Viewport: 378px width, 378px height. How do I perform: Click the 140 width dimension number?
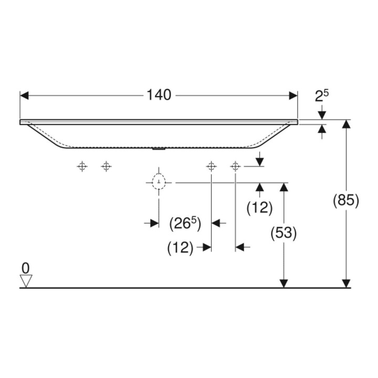click(x=159, y=95)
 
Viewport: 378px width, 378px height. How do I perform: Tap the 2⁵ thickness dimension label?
click(x=322, y=96)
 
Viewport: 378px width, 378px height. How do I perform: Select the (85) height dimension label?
click(x=346, y=201)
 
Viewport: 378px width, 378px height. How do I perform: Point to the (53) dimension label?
click(x=283, y=233)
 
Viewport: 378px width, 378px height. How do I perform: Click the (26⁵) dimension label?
click(x=185, y=224)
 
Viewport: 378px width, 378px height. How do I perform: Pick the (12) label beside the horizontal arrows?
click(x=180, y=248)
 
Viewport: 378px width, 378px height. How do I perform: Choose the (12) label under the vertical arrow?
click(x=259, y=208)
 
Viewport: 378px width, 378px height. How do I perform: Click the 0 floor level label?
click(x=26, y=268)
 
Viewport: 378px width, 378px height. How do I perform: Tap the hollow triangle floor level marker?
click(x=26, y=281)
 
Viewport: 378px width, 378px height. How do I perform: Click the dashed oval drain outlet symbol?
click(x=159, y=182)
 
